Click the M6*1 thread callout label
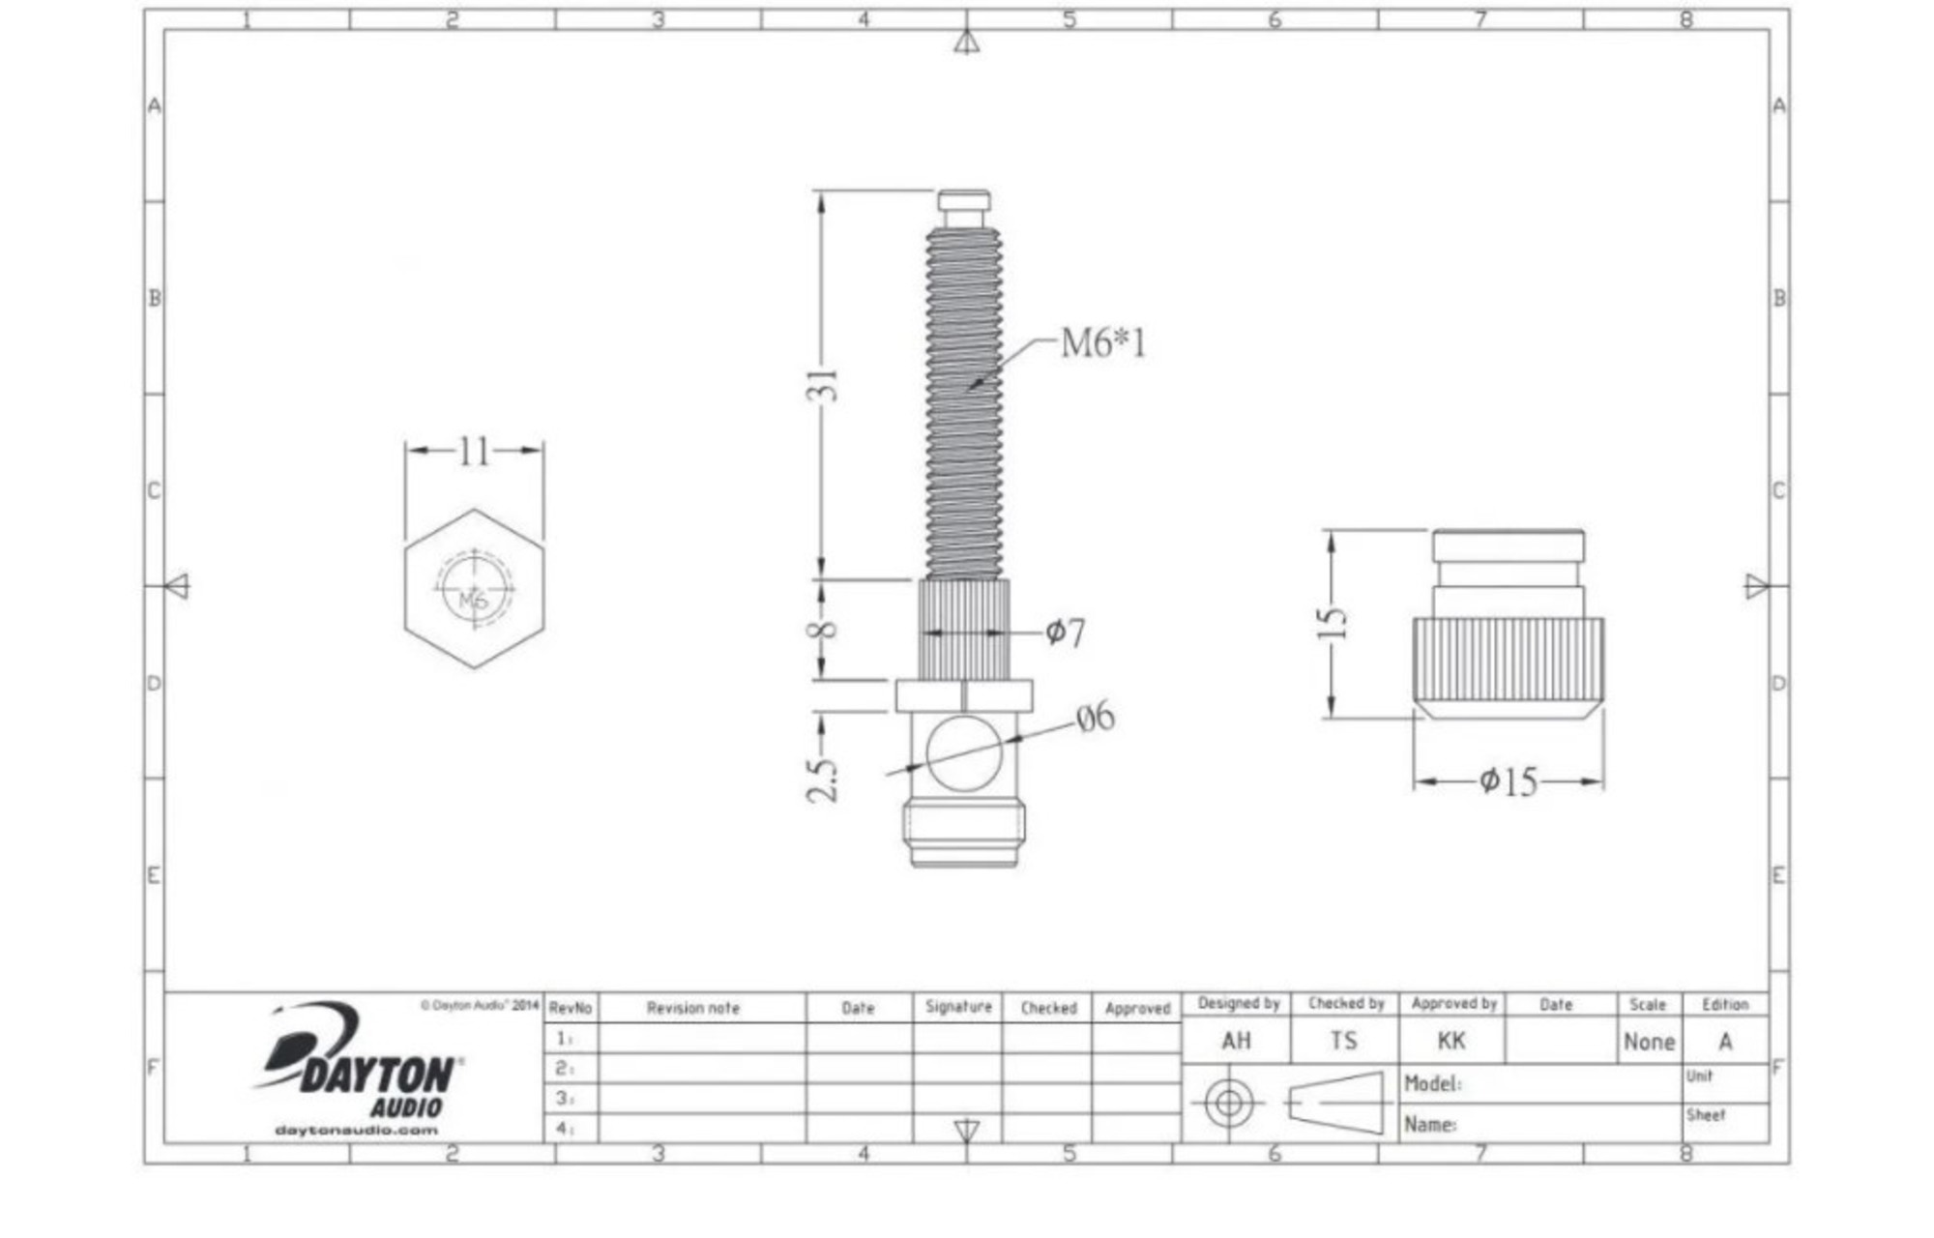pos(1103,343)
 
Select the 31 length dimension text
pos(822,384)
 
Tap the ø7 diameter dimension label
pos(1065,633)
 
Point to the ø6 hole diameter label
pos(1096,718)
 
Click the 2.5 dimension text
pos(822,780)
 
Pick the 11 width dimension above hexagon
pos(474,452)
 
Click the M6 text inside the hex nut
pos(473,600)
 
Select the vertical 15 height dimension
pos(1332,623)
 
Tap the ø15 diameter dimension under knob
pos(1509,781)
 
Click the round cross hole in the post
pos(963,753)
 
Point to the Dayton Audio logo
pos(363,1064)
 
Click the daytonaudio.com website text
pos(356,1130)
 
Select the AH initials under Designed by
pos(1236,1041)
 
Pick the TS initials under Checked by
pos(1343,1041)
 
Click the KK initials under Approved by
pos(1450,1041)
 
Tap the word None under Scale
pos(1649,1042)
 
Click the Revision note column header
pos(692,1008)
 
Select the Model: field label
pos(1432,1083)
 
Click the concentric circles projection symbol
pos(1228,1103)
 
